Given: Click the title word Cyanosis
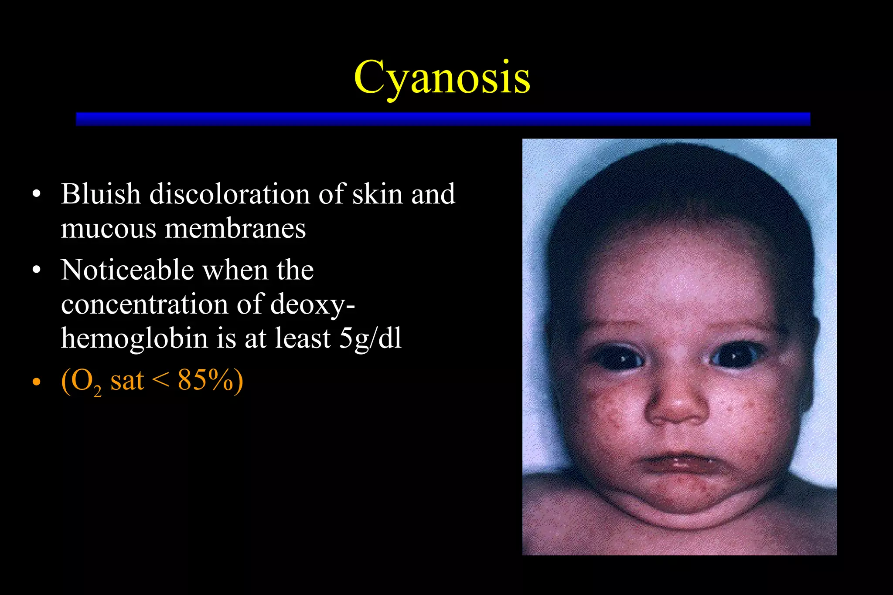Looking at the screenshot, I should [x=442, y=78].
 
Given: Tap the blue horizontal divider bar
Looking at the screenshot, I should [x=443, y=119].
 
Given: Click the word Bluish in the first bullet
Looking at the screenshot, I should [x=101, y=194].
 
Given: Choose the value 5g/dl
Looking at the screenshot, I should [x=370, y=339].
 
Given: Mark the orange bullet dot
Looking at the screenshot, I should [x=37, y=382].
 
